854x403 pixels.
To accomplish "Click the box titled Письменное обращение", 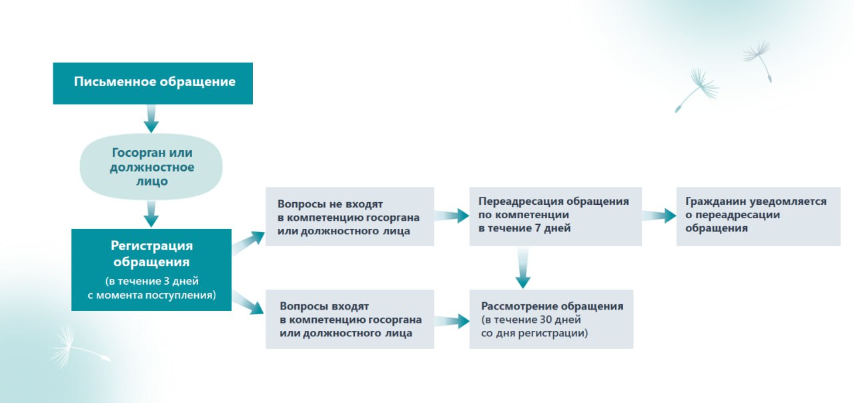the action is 153,83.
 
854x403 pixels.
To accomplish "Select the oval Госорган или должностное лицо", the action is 151,167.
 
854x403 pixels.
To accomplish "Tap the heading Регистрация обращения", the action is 151,254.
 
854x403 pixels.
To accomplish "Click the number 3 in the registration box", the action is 166,281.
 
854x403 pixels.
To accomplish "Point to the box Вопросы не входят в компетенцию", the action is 350,216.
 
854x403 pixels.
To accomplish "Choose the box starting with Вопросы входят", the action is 350,319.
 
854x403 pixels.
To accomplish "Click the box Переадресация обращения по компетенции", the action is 555,216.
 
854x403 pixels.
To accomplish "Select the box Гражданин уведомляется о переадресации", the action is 758,216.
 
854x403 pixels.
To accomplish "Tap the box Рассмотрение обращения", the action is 551,319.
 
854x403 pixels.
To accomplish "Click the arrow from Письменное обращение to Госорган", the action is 151,119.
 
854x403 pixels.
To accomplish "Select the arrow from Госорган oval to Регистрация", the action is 151,214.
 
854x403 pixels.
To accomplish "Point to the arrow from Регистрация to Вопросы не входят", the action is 248,243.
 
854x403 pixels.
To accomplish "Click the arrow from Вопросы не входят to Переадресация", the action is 452,216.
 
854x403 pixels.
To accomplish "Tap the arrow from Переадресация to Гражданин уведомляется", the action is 659,216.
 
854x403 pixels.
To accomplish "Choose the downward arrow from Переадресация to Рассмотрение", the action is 522,268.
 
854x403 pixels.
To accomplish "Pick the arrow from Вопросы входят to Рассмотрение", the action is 452,321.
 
